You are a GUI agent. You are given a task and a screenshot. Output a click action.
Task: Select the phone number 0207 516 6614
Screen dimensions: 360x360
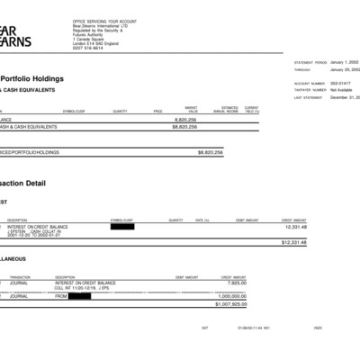pos(87,48)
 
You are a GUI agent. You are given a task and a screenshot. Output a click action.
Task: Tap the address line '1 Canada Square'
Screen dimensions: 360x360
pos(89,39)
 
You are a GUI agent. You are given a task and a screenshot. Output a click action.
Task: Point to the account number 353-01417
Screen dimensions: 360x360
pos(340,84)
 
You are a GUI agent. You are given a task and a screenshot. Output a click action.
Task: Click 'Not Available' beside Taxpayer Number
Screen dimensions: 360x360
pos(342,90)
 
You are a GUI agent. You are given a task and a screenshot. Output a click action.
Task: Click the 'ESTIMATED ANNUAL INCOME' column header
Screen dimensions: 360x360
pos(224,110)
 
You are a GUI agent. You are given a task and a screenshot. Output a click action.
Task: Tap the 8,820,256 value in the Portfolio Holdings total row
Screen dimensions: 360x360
pos(211,153)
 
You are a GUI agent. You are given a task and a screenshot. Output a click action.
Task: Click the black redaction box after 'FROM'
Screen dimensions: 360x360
pos(80,295)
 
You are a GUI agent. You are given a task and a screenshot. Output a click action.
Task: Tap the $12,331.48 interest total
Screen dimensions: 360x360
pos(294,242)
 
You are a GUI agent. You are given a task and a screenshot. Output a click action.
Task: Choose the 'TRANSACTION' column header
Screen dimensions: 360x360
pos(20,277)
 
